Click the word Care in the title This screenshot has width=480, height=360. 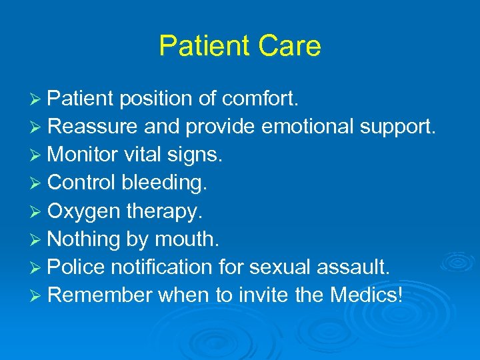point(291,46)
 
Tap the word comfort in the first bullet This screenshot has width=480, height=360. point(262,99)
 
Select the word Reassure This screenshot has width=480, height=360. point(92,127)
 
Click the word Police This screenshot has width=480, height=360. point(77,267)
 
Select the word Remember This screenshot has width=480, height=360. point(101,295)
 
